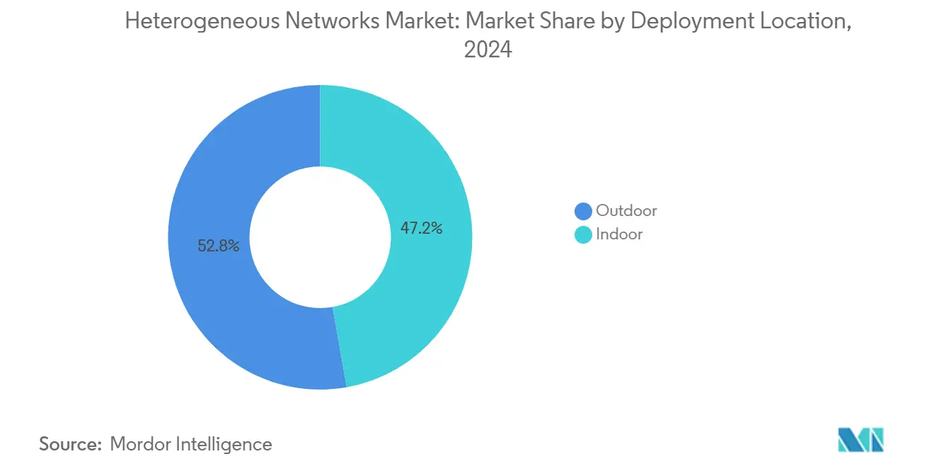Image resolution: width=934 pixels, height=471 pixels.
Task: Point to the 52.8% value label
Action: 218,246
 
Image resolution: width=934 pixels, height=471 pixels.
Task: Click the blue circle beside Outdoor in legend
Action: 583,211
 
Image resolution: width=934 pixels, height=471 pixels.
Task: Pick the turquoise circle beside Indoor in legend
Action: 583,234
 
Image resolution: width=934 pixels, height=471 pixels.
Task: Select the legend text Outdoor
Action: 626,211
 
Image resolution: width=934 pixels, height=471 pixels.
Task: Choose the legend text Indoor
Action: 619,234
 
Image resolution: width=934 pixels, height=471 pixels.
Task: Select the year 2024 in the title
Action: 487,50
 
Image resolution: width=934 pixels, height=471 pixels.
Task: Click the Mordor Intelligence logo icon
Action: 860,439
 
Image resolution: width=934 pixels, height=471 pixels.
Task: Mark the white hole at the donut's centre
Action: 320,237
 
